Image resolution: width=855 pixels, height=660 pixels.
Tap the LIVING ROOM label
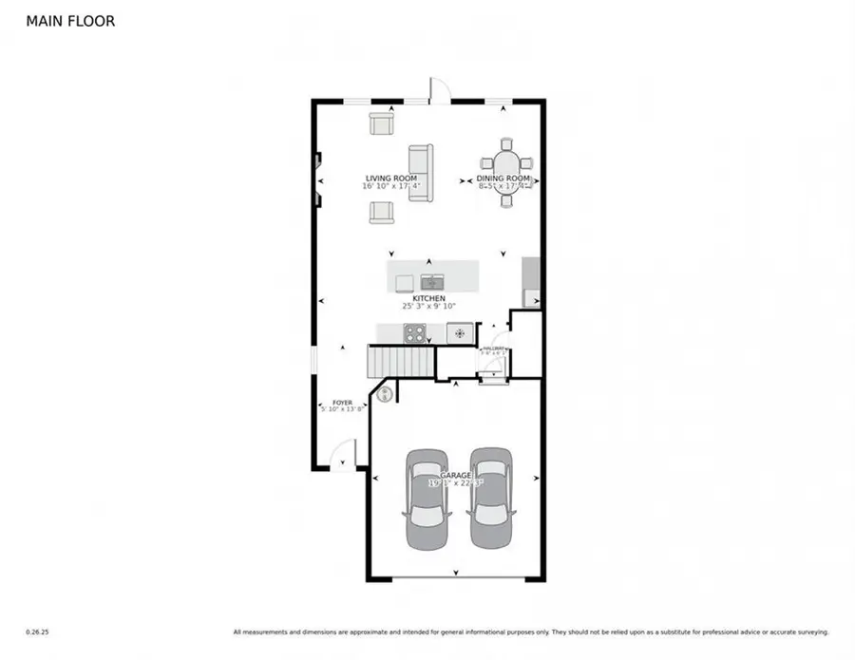[x=391, y=178]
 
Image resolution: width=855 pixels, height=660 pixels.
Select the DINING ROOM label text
[x=503, y=178]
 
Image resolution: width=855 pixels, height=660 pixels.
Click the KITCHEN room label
[x=428, y=298]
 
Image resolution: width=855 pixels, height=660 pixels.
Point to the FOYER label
[x=342, y=403]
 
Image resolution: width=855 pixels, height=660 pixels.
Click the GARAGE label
[x=456, y=474]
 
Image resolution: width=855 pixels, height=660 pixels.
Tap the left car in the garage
[x=427, y=499]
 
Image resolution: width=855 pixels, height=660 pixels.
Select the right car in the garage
[x=490, y=499]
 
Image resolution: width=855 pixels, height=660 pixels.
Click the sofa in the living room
[x=421, y=173]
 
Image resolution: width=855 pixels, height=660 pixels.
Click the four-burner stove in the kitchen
[x=415, y=332]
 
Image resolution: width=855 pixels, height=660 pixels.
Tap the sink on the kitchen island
[x=431, y=281]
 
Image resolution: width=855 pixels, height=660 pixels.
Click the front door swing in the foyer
[x=344, y=453]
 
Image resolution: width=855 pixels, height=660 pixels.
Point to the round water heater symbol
[x=387, y=393]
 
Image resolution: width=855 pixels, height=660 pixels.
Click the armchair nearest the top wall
[x=382, y=123]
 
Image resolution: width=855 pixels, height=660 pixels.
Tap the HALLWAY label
[x=493, y=349]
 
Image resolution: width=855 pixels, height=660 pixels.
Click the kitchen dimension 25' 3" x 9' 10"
[x=428, y=307]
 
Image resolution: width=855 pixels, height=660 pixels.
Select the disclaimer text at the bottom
[x=531, y=632]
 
